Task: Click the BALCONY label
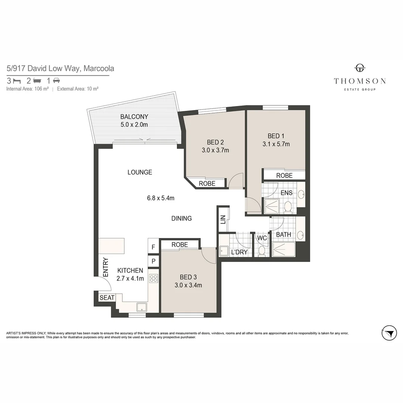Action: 134,116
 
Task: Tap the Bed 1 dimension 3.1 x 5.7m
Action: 276,144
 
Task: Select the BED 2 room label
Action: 215,142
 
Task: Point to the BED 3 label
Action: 188,277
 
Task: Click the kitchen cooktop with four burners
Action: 153,278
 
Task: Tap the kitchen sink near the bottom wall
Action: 141,307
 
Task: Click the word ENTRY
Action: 105,267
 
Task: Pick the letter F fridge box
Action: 153,247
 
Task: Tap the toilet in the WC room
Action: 262,250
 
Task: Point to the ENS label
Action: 287,193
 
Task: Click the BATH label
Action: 283,235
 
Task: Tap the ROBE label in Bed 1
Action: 284,175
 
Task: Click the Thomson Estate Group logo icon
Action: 360,68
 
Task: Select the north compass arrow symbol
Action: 389,332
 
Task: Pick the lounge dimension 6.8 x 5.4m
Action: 160,198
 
